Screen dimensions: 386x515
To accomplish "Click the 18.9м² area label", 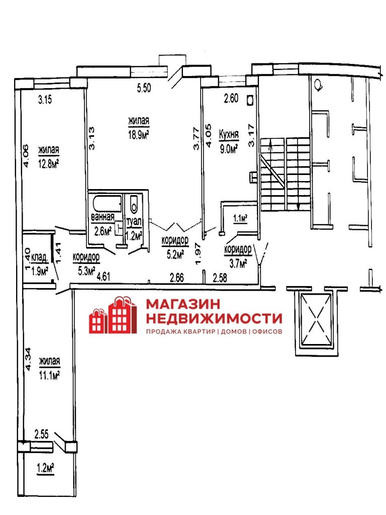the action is (139, 135).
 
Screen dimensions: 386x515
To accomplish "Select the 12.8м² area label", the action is (49, 163).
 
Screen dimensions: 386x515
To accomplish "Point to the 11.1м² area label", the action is (49, 375).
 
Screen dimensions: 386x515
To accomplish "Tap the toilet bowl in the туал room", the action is (134, 204).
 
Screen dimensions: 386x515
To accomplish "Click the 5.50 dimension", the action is (144, 88).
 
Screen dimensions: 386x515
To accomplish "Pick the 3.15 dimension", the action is (45, 100).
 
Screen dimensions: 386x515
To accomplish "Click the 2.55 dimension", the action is (42, 435).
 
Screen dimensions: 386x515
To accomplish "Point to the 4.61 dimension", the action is (104, 277).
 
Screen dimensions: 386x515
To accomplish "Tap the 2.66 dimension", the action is (177, 278).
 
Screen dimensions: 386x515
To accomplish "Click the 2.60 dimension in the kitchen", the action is (231, 98).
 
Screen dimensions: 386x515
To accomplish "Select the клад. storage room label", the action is (40, 258).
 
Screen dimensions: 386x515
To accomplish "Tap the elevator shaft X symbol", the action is (316, 318).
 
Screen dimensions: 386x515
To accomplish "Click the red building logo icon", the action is (113, 315).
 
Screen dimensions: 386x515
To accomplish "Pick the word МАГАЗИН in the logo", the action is (183, 304).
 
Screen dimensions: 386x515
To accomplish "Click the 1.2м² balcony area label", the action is (45, 468).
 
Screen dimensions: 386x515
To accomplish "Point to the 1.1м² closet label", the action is (240, 218).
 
